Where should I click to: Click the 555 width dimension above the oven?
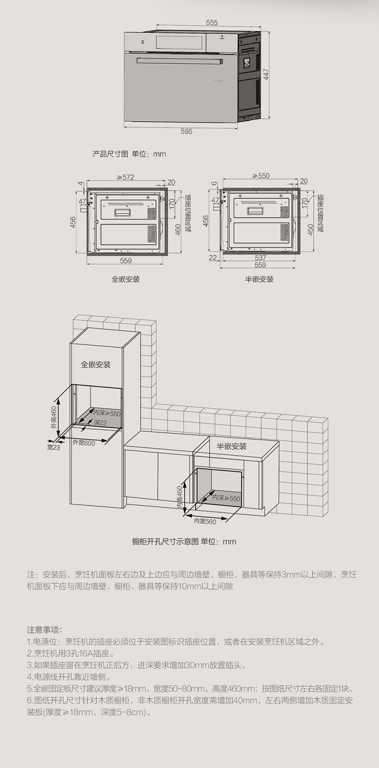click(212, 23)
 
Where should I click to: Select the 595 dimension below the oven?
click(187, 131)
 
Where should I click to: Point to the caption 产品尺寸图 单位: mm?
click(129, 154)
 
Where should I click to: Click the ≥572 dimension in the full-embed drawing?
click(125, 177)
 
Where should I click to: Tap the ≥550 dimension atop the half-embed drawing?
click(261, 176)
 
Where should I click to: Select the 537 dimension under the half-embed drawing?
click(260, 257)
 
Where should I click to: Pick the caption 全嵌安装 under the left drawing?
click(126, 279)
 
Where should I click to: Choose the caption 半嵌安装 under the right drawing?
click(259, 279)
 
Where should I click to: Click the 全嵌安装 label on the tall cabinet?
click(95, 365)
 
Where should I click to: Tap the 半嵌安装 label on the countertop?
click(231, 446)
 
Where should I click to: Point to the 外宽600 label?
click(83, 443)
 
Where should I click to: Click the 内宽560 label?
click(205, 521)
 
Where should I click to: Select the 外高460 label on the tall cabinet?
click(54, 418)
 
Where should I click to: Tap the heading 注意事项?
click(45, 629)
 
